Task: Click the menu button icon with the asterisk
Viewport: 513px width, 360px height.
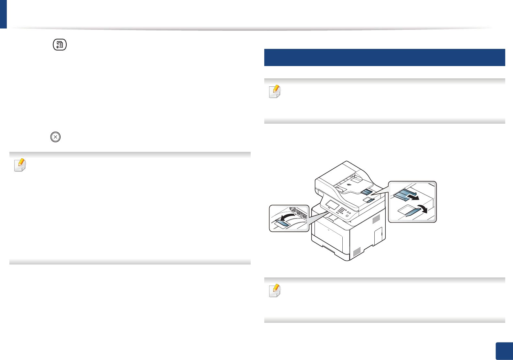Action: (60, 45)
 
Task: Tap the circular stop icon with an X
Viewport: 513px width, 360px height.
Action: (55, 137)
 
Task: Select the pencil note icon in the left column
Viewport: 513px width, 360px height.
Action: (20, 165)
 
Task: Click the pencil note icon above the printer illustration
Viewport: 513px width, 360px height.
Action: (275, 92)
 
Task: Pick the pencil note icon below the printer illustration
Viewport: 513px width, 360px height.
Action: (275, 291)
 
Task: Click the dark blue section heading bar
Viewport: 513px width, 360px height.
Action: (384, 57)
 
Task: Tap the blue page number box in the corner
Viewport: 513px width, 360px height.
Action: (504, 351)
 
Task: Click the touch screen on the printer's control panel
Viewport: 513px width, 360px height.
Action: (332, 205)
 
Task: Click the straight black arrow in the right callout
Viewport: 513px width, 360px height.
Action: (413, 197)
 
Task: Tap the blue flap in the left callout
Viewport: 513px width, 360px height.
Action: (281, 223)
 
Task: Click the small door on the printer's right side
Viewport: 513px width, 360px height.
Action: (378, 235)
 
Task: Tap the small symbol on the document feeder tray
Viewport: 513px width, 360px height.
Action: (349, 185)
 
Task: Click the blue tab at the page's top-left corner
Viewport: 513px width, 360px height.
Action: (3, 14)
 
